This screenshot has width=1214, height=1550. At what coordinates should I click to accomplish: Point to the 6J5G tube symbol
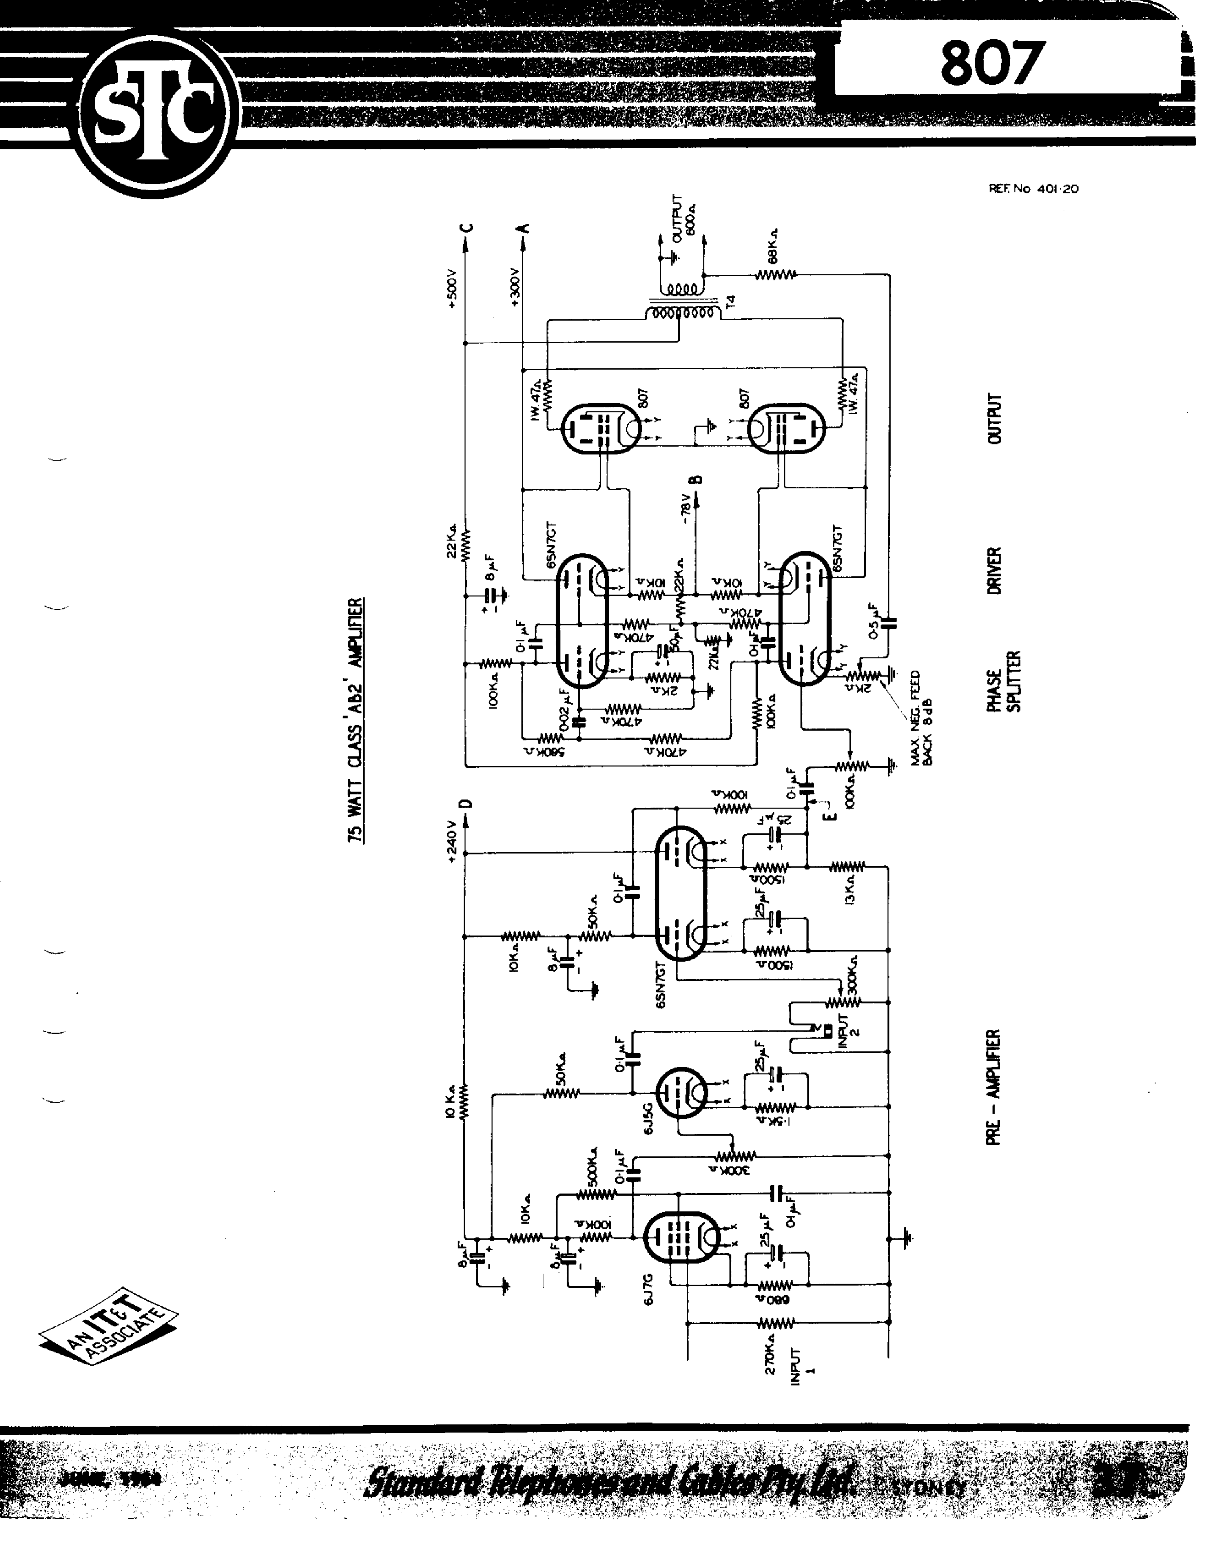(680, 1092)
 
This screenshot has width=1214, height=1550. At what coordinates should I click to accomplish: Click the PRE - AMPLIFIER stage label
(994, 1087)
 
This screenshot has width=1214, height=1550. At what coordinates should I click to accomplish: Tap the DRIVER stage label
(994, 571)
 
